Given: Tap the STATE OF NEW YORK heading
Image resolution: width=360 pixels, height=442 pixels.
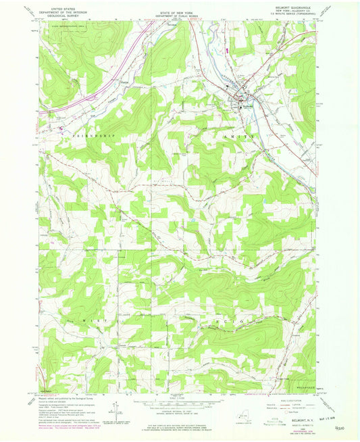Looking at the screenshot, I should click(x=180, y=5).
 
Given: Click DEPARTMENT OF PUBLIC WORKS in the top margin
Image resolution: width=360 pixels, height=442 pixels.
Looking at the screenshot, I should click(x=180, y=9).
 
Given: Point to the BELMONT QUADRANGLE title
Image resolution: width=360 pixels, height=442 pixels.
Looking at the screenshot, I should click(x=294, y=5).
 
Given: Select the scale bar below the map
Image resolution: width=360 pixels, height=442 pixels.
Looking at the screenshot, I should click(x=180, y=403).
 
